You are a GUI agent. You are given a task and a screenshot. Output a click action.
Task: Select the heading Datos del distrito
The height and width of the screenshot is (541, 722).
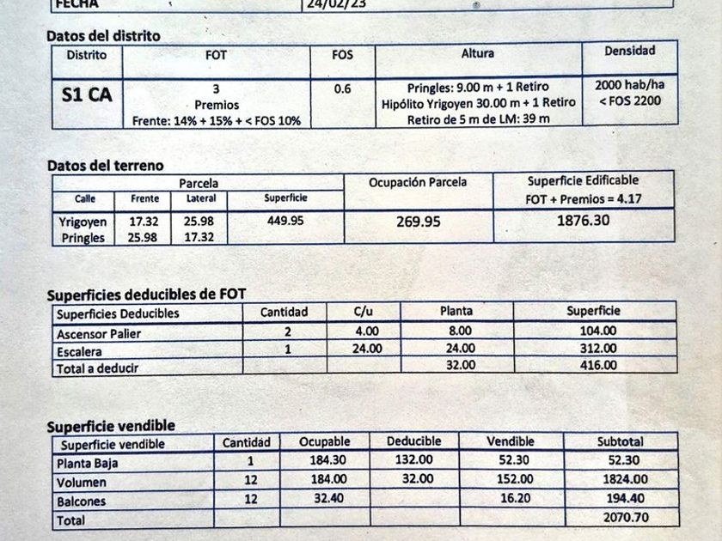click(x=103, y=36)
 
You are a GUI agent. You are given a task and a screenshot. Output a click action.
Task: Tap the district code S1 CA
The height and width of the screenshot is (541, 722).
click(x=87, y=95)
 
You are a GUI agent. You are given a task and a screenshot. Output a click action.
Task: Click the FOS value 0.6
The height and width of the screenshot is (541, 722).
click(x=342, y=88)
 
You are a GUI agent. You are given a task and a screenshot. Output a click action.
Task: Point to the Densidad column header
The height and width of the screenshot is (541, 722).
click(x=629, y=52)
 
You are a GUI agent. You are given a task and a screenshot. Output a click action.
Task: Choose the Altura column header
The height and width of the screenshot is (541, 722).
click(x=478, y=54)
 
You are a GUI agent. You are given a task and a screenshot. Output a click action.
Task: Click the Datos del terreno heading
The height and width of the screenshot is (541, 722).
click(x=105, y=165)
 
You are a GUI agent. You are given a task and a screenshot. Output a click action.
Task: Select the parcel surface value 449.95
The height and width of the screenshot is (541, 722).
click(x=285, y=221)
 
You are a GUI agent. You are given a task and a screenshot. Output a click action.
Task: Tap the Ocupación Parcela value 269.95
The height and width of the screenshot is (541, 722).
click(x=419, y=222)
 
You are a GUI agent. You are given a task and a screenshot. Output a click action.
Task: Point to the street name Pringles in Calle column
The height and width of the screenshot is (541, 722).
click(x=83, y=238)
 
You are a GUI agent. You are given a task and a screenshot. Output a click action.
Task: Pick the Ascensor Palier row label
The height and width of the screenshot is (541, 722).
click(x=99, y=334)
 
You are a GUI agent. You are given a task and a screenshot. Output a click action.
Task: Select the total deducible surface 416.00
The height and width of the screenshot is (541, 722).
click(x=597, y=366)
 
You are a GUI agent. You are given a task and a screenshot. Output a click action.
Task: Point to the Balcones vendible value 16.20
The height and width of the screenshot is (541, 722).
click(x=511, y=498)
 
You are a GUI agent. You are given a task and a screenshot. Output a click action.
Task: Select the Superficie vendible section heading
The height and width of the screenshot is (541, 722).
click(x=111, y=426)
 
